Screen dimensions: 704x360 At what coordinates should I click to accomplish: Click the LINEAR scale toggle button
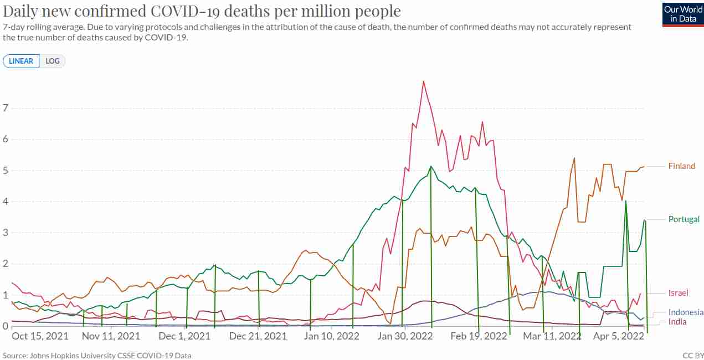point(21,61)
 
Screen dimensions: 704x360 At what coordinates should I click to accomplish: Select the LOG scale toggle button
point(52,61)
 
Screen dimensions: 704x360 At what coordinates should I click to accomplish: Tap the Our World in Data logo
point(683,14)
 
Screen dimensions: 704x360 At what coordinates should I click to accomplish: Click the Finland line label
point(682,166)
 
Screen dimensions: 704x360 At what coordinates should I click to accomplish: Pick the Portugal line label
point(684,219)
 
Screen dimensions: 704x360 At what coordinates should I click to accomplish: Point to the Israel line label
point(678,293)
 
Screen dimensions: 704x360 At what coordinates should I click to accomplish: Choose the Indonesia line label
point(686,312)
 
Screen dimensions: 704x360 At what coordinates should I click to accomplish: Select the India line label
point(677,322)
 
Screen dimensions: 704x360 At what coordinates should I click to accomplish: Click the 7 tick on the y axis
point(6,108)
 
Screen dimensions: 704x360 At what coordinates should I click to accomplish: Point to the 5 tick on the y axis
point(6,170)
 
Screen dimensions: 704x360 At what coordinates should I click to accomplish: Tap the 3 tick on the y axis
point(6,233)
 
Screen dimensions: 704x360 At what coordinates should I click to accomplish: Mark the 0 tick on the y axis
point(6,326)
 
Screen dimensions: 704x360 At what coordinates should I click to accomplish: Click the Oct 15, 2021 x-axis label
point(40,336)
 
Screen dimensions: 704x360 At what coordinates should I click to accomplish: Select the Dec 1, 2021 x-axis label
point(184,336)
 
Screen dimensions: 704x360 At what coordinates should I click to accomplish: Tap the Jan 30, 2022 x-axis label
point(405,336)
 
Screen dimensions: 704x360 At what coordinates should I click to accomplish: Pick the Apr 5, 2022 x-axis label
point(618,336)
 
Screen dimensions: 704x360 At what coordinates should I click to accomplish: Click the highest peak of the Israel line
point(424,81)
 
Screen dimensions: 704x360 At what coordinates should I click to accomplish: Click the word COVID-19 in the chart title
point(186,11)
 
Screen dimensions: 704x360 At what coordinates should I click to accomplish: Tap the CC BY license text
point(693,356)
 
